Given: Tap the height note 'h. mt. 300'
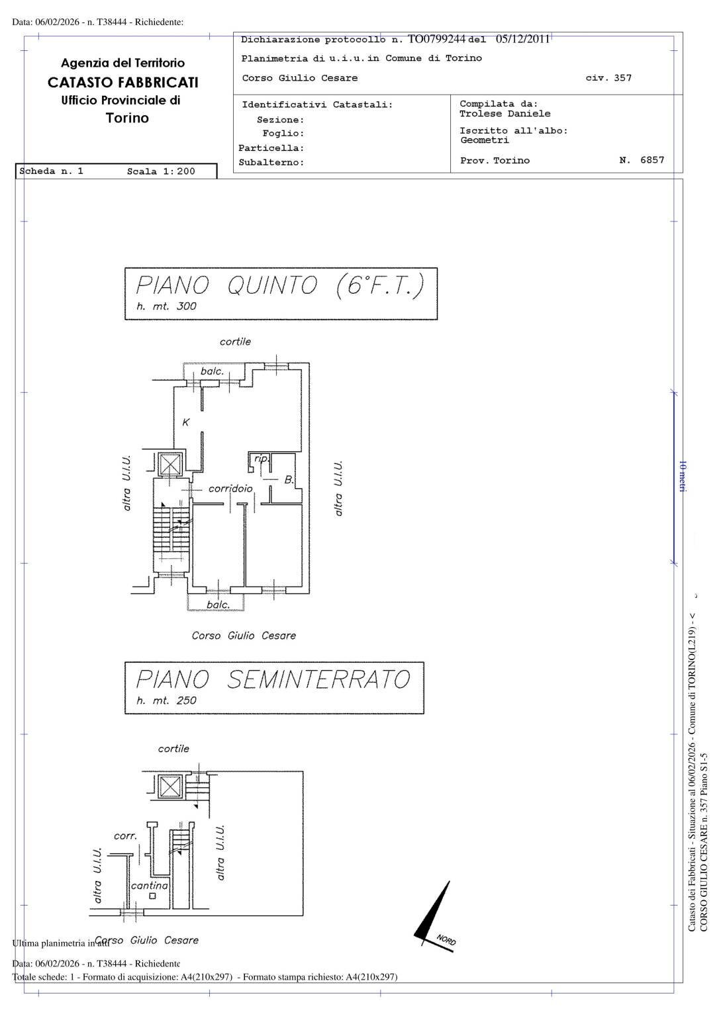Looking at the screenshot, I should pyautogui.click(x=166, y=306).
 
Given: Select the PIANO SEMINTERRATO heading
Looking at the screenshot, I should pyautogui.click(x=273, y=680).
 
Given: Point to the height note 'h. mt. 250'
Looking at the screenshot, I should pyautogui.click(x=166, y=700).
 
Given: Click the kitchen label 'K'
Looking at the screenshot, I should pyautogui.click(x=186, y=422).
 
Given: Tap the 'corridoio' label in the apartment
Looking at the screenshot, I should pyautogui.click(x=230, y=489).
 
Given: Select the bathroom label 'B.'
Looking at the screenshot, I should pyautogui.click(x=289, y=480).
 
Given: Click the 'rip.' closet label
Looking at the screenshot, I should pyautogui.click(x=262, y=458).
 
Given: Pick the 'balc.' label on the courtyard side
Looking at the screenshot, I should pyautogui.click(x=212, y=371).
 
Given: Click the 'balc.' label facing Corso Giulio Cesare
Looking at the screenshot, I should pyautogui.click(x=218, y=605).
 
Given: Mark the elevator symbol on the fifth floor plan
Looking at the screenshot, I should pyautogui.click(x=170, y=464).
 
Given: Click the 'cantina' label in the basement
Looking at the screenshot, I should pyautogui.click(x=150, y=885).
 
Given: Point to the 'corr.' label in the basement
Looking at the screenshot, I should pyautogui.click(x=125, y=836).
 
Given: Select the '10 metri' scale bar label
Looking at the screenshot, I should pyautogui.click(x=683, y=476).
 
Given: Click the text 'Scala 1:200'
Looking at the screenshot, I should pyautogui.click(x=161, y=171).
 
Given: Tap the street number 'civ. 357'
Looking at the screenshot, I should pyautogui.click(x=608, y=78).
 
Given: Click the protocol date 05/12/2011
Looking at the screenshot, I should pyautogui.click(x=522, y=39).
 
